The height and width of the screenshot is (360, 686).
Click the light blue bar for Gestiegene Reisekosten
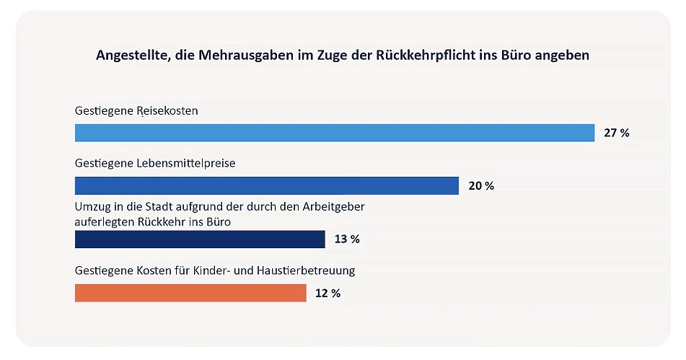(x=335, y=133)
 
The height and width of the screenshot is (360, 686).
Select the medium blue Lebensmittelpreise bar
(x=267, y=185)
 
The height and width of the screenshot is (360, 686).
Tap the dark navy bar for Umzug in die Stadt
(x=200, y=240)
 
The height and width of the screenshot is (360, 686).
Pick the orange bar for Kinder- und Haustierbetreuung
(x=190, y=293)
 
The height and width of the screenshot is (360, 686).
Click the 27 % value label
(x=617, y=133)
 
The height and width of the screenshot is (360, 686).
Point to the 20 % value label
(x=481, y=186)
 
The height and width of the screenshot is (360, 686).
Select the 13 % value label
(x=346, y=240)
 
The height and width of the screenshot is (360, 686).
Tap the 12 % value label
(x=327, y=293)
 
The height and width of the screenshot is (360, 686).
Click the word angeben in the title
(x=563, y=56)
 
